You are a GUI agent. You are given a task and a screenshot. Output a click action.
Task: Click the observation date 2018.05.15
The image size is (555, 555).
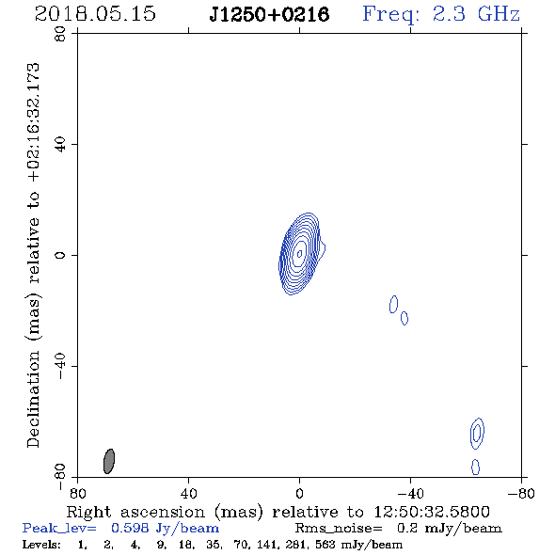[95, 14]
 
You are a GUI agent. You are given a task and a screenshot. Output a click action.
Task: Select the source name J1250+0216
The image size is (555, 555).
[269, 14]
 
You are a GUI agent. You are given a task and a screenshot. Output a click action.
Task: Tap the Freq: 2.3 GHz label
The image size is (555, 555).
[441, 15]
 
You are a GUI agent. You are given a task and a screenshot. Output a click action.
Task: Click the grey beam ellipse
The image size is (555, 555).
[109, 461]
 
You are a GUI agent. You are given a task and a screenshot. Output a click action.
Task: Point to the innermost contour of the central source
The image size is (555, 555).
[298, 253]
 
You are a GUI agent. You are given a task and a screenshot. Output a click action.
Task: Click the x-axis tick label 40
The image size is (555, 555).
[188, 493]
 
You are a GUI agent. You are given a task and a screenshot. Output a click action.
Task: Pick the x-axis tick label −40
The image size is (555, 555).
[410, 493]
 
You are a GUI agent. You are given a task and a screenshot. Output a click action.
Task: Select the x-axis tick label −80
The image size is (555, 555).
[521, 493]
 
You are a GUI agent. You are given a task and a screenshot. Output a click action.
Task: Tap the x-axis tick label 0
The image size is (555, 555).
[299, 493]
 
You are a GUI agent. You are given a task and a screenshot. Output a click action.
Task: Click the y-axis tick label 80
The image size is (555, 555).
[60, 34]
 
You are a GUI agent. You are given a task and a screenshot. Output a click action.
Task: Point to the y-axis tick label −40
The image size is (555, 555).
[60, 366]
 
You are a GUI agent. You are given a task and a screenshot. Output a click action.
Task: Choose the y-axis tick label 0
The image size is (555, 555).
[60, 255]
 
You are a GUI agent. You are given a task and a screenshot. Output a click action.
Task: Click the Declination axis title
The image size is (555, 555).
[33, 255]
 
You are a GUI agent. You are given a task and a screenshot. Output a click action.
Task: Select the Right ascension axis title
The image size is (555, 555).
[277, 512]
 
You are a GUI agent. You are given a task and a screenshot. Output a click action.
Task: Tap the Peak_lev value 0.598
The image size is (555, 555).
[130, 528]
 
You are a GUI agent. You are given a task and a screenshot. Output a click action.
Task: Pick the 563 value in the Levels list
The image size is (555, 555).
[325, 544]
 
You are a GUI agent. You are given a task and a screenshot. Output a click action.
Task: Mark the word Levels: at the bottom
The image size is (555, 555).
[41, 544]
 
